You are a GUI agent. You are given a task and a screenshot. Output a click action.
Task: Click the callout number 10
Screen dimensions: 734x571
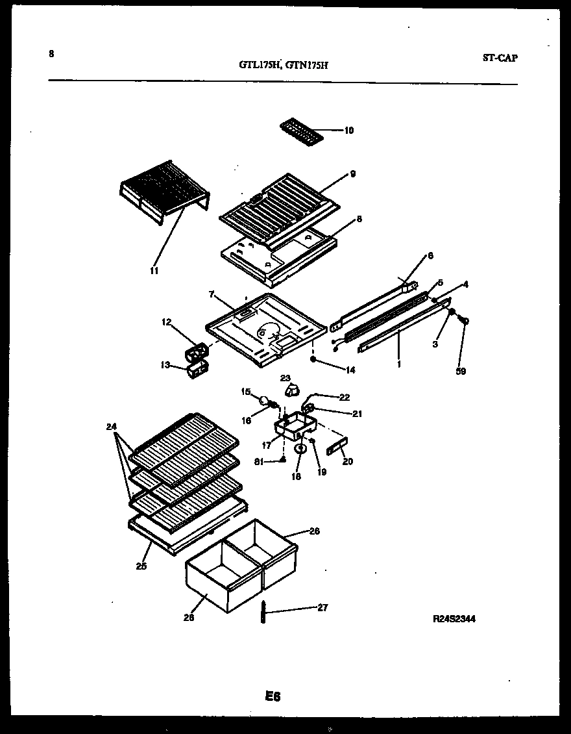coord(348,131)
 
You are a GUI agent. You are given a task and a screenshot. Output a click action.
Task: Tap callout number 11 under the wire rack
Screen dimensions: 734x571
coord(154,270)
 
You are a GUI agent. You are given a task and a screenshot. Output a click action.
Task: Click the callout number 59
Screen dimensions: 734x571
coord(461,372)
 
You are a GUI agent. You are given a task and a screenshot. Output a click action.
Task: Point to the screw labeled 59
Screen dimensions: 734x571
coord(463,320)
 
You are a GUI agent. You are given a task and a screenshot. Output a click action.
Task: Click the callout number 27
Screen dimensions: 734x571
coord(322,608)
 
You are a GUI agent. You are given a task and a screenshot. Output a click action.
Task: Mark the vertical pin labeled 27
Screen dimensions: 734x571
coord(265,611)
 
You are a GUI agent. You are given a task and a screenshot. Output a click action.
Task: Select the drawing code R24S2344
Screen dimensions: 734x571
coord(454,619)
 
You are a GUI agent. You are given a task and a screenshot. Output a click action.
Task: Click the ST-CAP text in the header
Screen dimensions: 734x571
coord(500,58)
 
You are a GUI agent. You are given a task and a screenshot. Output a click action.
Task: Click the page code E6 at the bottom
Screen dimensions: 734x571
coord(272,696)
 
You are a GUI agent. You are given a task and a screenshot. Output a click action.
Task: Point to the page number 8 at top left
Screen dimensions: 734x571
coord(51,54)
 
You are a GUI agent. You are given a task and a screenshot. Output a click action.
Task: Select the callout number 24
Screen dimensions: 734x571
coord(111,427)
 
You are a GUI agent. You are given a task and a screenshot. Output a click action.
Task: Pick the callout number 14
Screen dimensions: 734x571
coord(350,370)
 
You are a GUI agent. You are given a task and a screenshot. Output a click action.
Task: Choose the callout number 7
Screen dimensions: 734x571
coord(211,294)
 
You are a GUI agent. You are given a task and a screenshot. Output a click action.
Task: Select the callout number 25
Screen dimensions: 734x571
coord(141,566)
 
